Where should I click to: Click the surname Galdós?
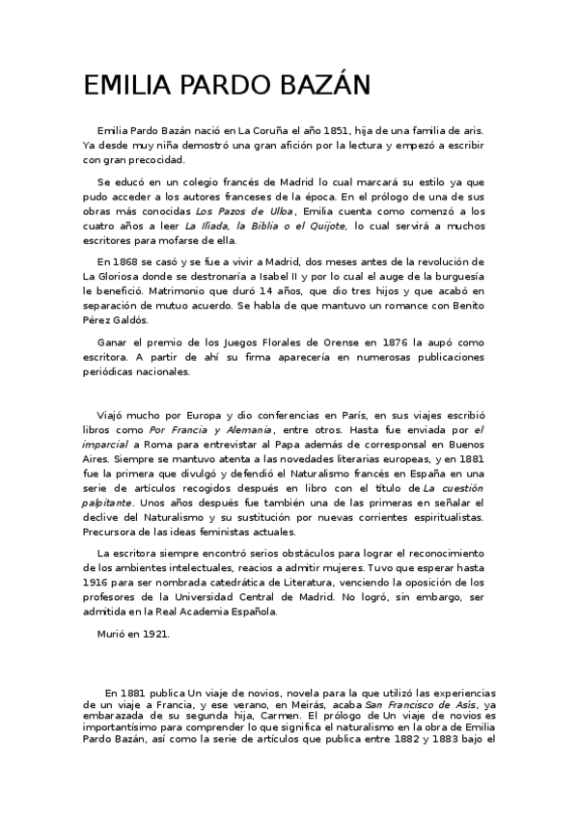click(146, 320)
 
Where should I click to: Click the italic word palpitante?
click(112, 503)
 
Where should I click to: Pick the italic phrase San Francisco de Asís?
click(410, 705)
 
